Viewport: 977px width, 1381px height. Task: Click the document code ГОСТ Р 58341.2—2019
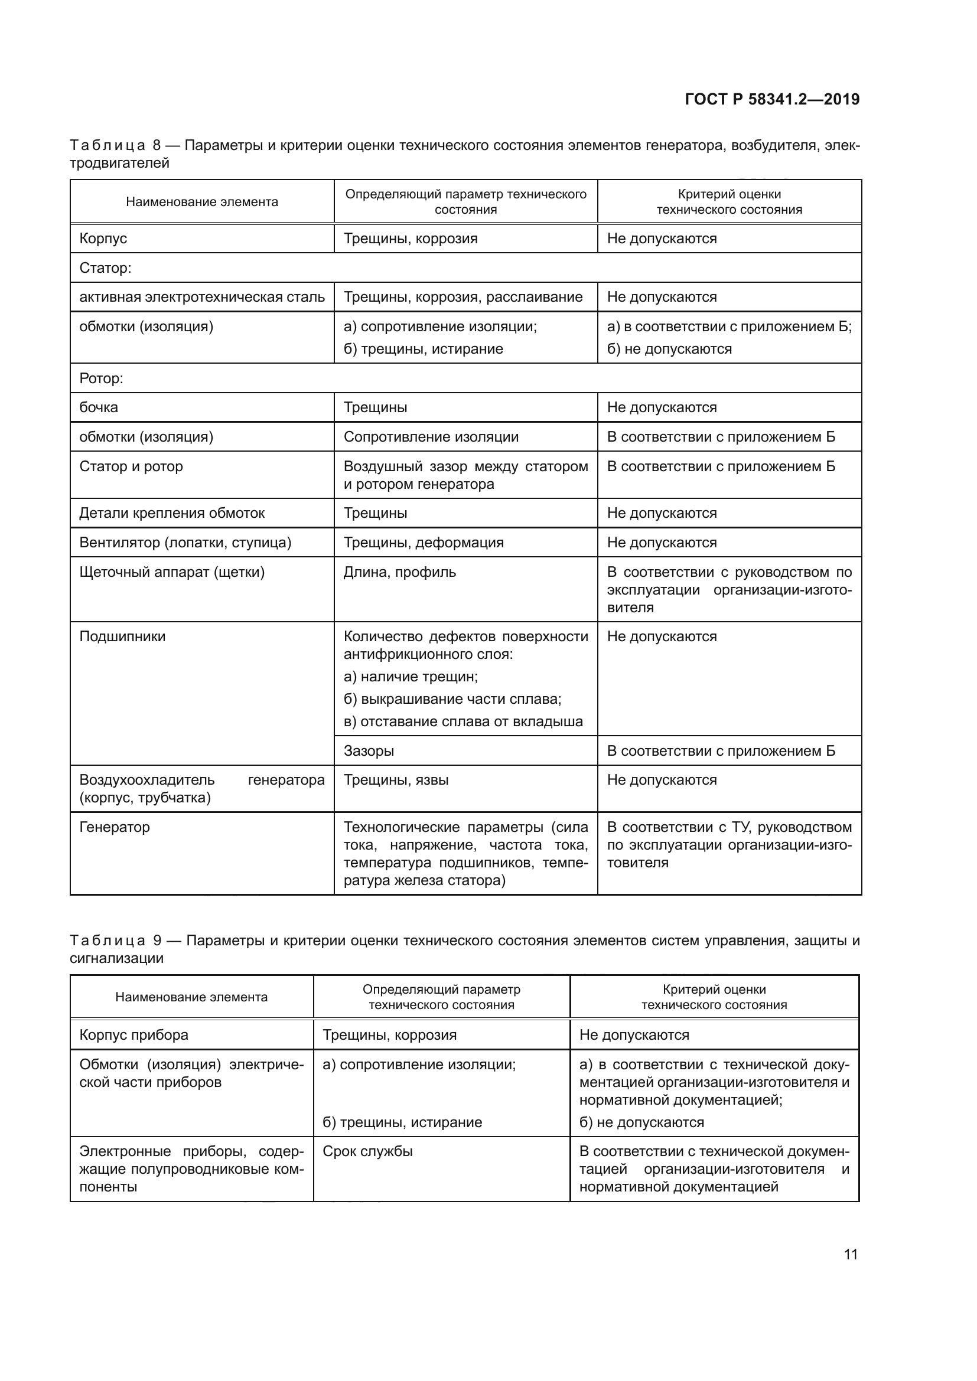pos(772,99)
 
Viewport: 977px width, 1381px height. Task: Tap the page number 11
pos(850,1254)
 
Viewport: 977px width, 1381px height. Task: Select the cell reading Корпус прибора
pos(133,1034)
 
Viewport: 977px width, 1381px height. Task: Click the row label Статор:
pos(105,267)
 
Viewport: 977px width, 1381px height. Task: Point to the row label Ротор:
pos(101,378)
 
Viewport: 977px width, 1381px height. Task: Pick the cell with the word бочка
pos(99,407)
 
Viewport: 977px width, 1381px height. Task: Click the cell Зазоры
pos(369,750)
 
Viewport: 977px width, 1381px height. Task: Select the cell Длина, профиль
pos(399,572)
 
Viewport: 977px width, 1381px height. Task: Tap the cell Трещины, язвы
pos(396,780)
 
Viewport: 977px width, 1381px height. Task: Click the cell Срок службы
pos(367,1151)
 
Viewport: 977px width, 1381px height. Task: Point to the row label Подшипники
pos(122,636)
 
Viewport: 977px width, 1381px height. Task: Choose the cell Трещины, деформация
pos(424,543)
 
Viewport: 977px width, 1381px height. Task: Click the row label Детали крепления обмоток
pos(172,513)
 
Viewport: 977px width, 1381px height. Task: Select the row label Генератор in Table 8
pos(115,827)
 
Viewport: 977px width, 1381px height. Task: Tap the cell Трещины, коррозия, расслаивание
pos(463,297)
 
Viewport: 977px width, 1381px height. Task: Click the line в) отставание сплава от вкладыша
pos(463,721)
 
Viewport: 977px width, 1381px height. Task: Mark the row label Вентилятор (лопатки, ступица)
pos(185,543)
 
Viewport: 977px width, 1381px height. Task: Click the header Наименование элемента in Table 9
pos(191,997)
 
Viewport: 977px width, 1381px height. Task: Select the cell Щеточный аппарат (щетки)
pos(172,572)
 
